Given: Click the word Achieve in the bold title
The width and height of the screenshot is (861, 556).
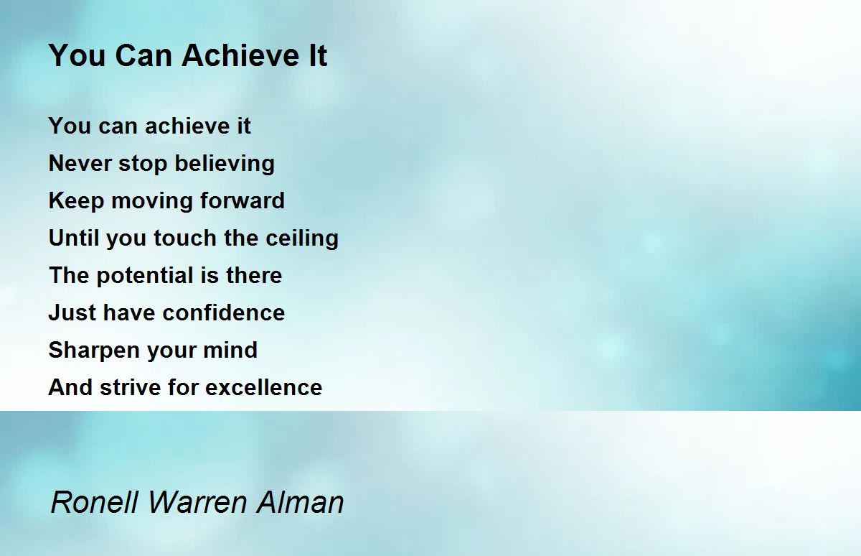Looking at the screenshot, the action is coord(241,55).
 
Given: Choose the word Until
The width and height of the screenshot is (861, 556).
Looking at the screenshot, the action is coord(74,237).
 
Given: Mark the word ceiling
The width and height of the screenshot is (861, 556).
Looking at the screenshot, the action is coord(302,238).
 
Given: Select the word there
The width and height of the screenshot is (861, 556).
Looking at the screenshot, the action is coord(254,274).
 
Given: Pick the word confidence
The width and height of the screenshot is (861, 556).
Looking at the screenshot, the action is coord(224,312).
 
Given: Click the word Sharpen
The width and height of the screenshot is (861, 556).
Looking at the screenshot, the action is coord(94,351).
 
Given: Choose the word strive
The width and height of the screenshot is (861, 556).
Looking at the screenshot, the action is coord(131,386).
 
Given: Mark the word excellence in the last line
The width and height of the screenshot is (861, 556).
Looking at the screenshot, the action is coord(264,386).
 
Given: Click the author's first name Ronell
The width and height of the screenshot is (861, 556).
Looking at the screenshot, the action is coord(95,501).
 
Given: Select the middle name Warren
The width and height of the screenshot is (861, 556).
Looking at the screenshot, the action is coord(197,501).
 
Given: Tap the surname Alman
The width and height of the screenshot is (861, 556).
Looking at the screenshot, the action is coord(300,501).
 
